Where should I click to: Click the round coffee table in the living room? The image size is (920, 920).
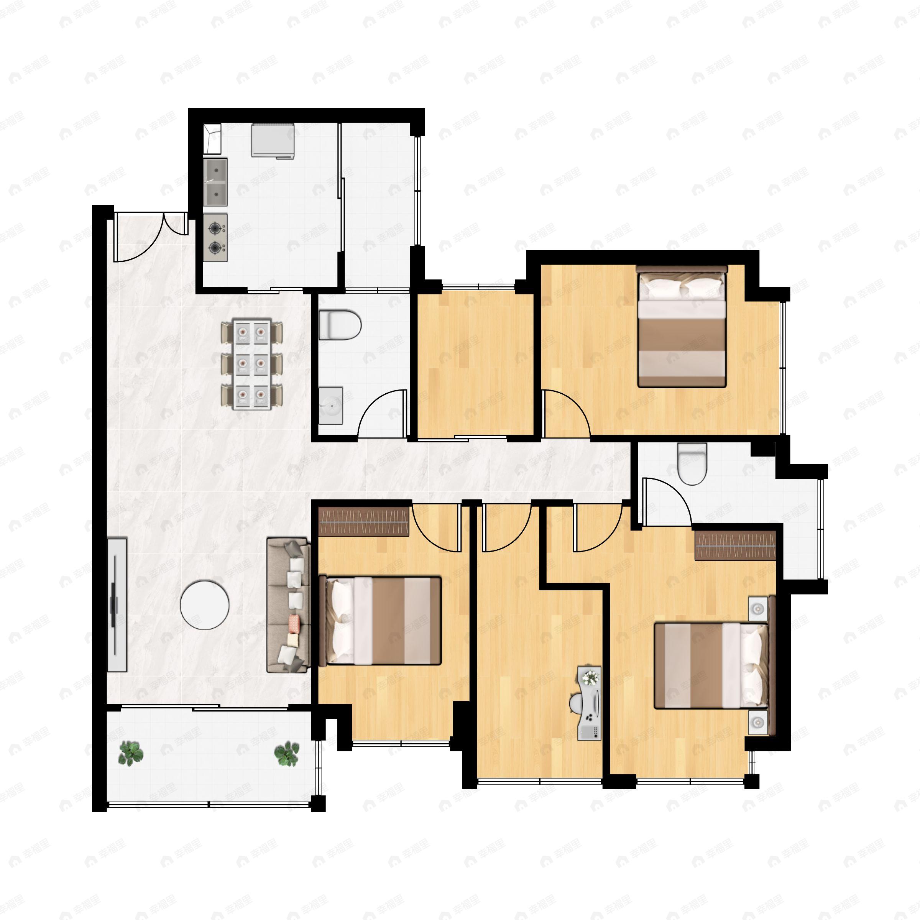pyautogui.click(x=204, y=605)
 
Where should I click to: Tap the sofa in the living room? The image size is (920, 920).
pyautogui.click(x=288, y=605)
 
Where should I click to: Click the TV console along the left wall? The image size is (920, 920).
pyautogui.click(x=117, y=605)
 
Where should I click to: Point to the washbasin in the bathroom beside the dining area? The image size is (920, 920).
pyautogui.click(x=330, y=406)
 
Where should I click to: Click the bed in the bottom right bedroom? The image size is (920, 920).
pyautogui.click(x=711, y=666)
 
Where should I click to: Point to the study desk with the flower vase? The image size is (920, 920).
pyautogui.click(x=590, y=703)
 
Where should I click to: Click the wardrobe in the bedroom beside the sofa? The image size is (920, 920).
pyautogui.click(x=364, y=521)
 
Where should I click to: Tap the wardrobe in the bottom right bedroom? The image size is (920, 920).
pyautogui.click(x=735, y=545)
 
